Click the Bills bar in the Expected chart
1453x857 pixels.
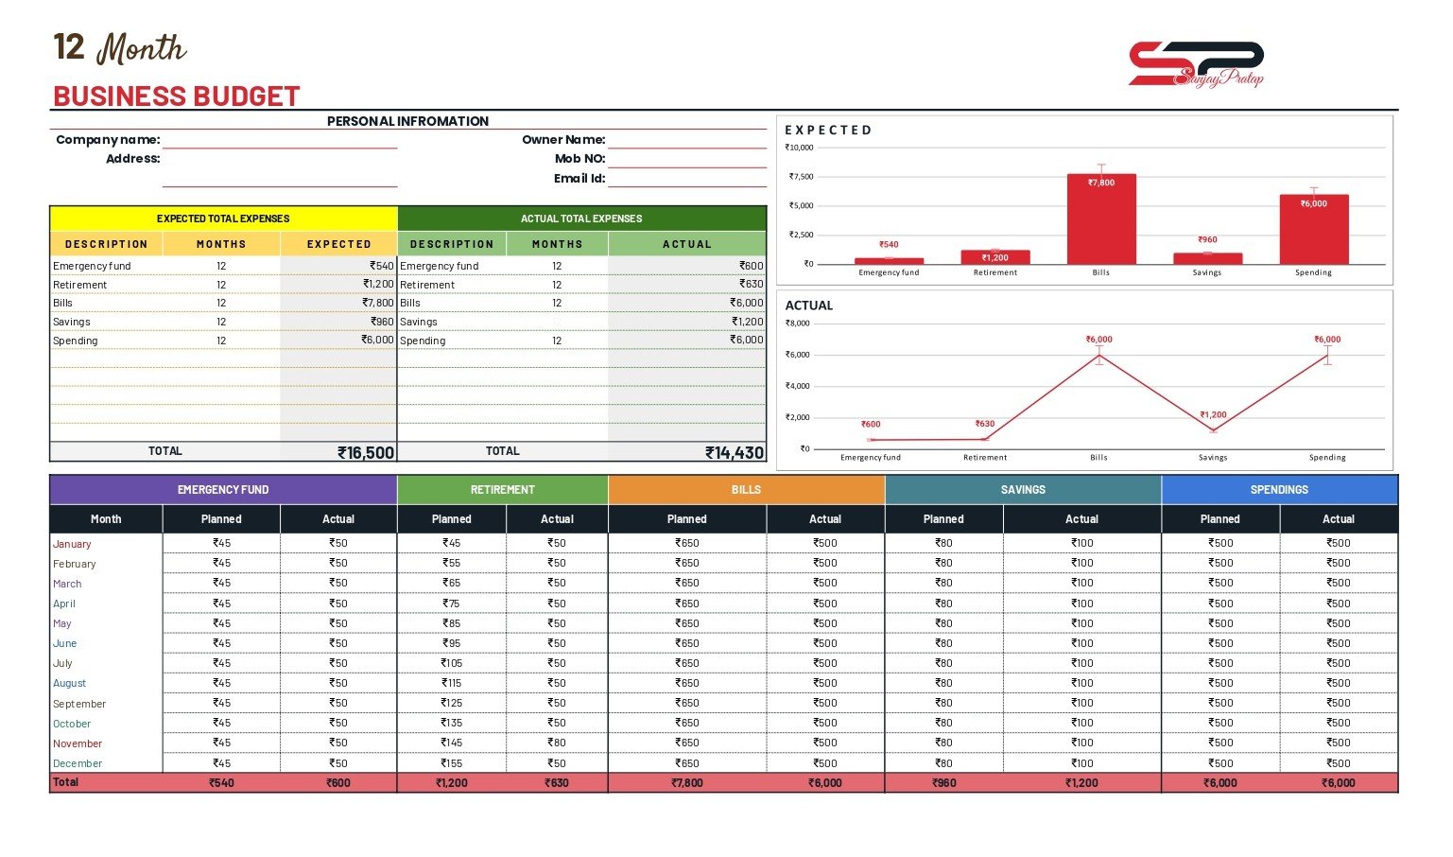(1101, 219)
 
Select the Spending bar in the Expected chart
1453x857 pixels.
(1313, 229)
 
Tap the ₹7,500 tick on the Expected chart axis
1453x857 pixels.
(801, 177)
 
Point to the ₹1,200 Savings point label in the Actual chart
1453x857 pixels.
(1212, 414)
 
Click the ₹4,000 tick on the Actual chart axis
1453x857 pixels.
(797, 386)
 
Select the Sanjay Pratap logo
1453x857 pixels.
(1196, 64)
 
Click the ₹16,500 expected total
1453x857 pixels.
(366, 452)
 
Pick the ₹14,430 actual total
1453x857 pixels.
(735, 452)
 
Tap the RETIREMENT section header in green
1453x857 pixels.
(503, 490)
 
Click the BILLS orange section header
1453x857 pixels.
(746, 490)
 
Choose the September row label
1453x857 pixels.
(79, 704)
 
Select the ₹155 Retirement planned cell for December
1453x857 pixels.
(452, 762)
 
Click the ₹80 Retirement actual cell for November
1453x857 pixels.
(557, 743)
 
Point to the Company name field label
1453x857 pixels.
(108, 140)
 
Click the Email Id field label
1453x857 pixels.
(579, 178)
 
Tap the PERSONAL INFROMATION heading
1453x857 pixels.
(407, 121)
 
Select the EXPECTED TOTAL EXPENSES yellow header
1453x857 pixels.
(223, 219)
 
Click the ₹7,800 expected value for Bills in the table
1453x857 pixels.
(377, 303)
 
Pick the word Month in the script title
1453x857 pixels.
(142, 48)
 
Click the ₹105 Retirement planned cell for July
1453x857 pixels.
(452, 663)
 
